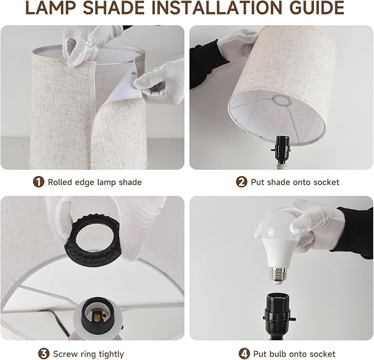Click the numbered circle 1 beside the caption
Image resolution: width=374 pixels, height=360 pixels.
click(39, 182)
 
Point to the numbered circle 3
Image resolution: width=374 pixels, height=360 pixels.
click(44, 353)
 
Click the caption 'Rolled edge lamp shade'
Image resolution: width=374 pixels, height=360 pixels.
click(95, 182)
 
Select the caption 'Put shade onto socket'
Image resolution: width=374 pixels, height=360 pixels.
click(295, 182)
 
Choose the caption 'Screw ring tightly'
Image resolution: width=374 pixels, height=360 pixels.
click(89, 353)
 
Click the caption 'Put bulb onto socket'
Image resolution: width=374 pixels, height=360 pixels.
click(295, 353)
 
